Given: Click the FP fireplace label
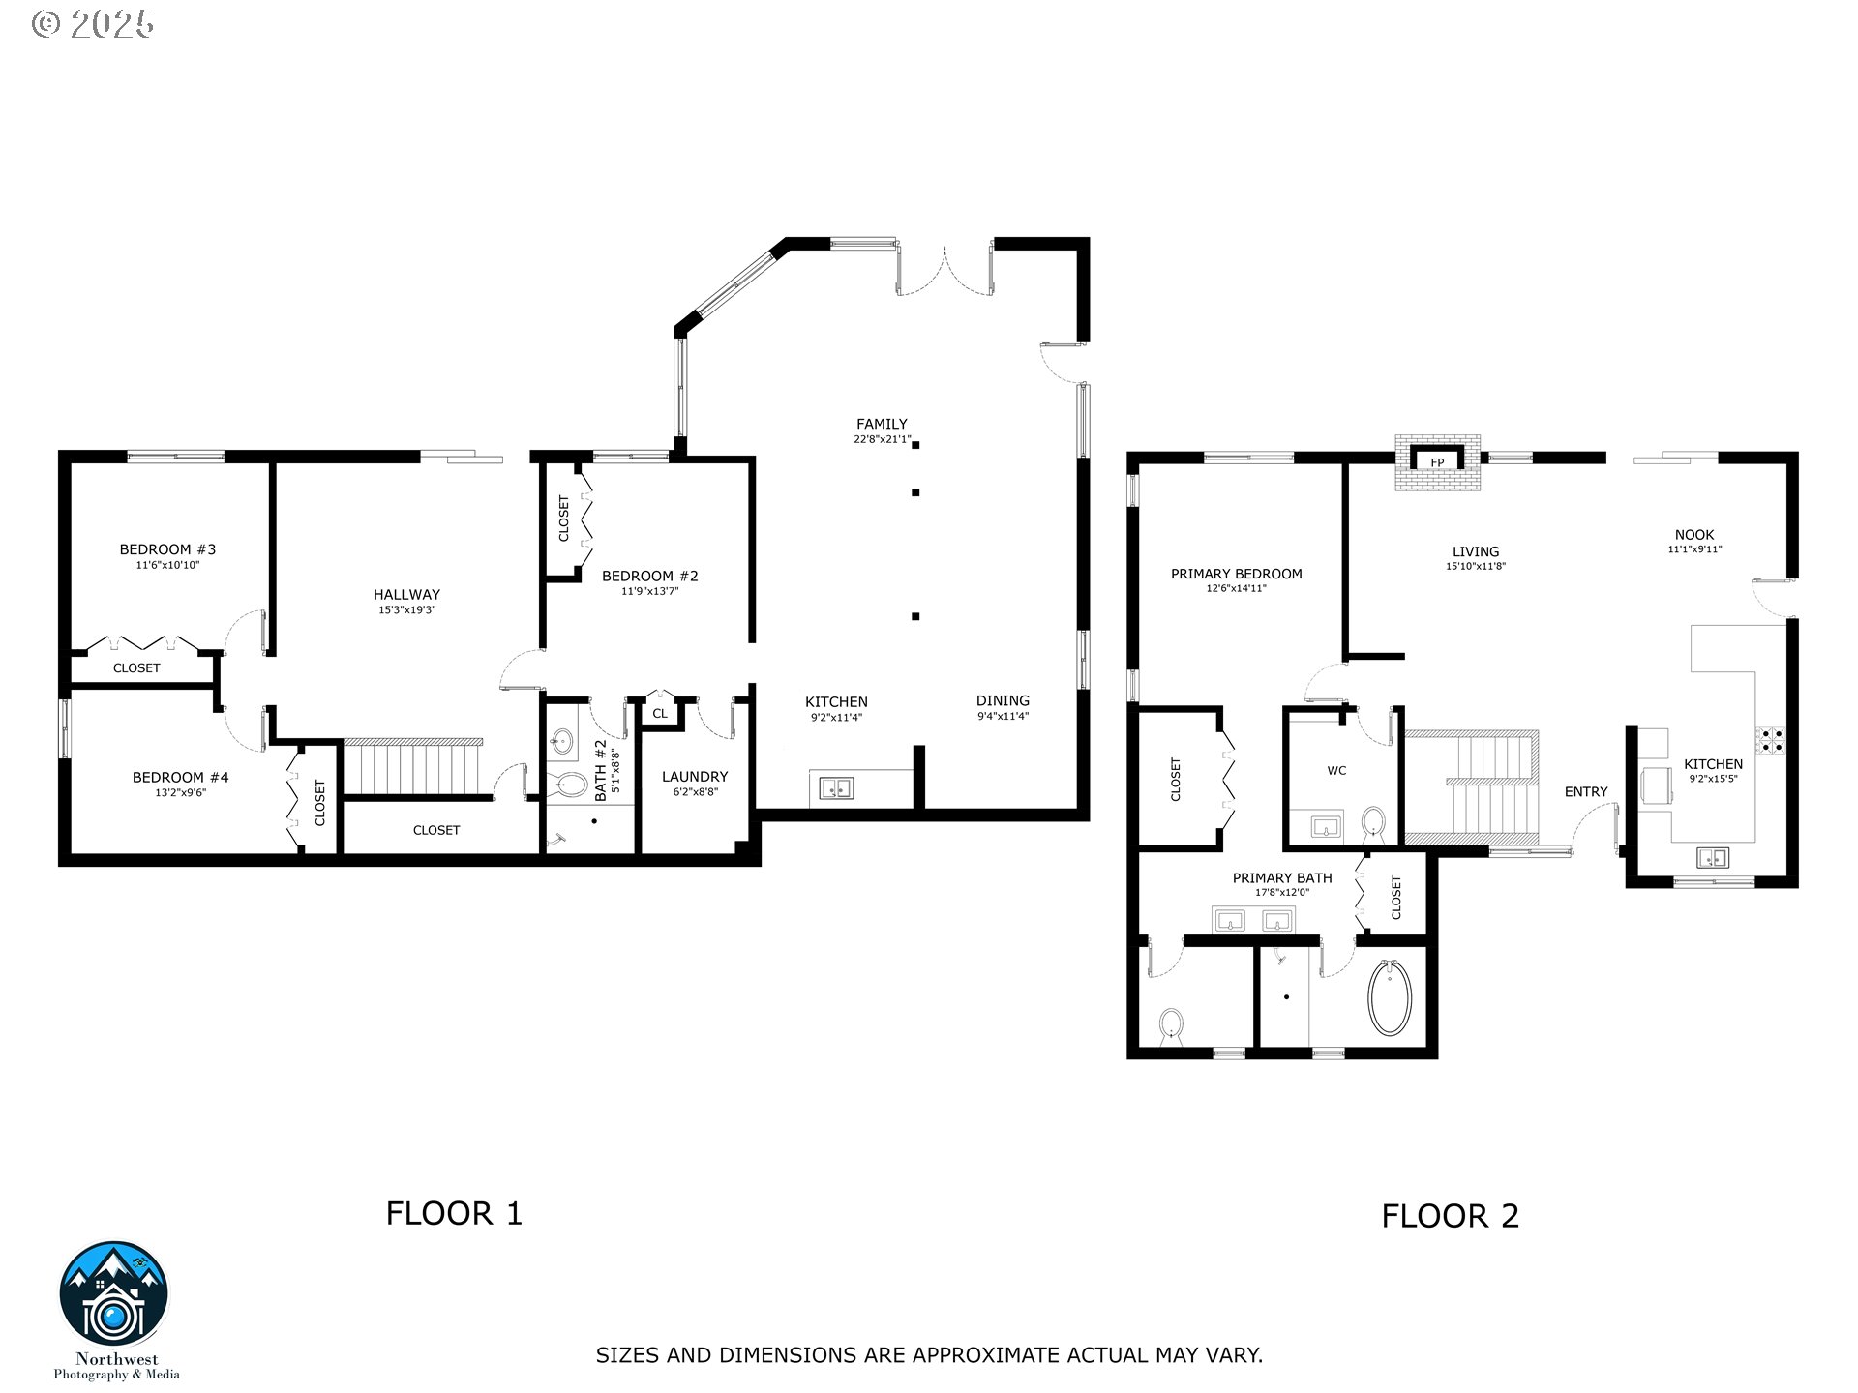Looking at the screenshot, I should coord(1437,463).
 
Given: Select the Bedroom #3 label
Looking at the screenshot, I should coord(167,549).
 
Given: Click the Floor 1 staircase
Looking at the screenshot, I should coord(413,768).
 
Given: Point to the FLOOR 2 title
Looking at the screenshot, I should coord(1450,1216).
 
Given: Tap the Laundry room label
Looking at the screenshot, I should coord(694,777).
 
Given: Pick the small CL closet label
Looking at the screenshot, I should coord(660,714).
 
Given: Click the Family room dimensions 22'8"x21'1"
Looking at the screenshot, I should coord(882,439).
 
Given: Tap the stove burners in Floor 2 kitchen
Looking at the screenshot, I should coord(1773,740).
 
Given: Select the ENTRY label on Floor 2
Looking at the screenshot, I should coord(1586,792).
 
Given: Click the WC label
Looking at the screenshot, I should coord(1336,771).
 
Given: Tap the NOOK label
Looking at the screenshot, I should coord(1694,535).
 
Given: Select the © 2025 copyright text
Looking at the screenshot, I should coord(93,24).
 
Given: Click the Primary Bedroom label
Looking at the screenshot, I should coord(1236,574).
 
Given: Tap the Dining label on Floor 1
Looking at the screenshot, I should coord(1003,701).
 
